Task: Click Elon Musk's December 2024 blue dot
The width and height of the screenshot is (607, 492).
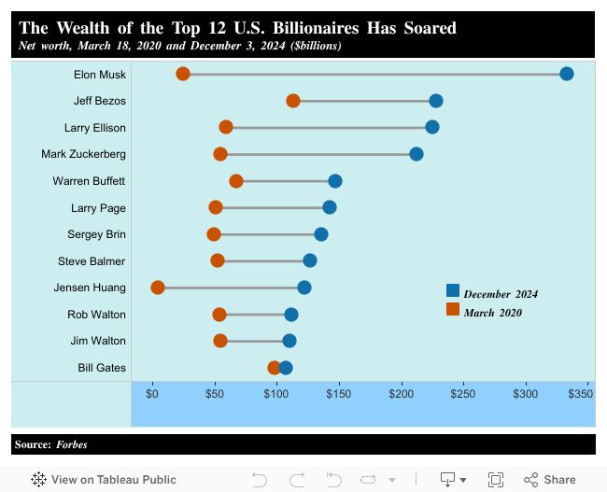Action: [x=566, y=74]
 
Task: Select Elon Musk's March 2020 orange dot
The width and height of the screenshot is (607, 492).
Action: [x=183, y=74]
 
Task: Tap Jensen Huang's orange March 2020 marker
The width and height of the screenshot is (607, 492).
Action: [x=158, y=288]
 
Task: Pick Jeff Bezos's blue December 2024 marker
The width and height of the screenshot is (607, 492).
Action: [x=435, y=101]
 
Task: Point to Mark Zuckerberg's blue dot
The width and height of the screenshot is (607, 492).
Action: [x=416, y=154]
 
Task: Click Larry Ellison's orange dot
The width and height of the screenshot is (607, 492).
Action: [x=226, y=127]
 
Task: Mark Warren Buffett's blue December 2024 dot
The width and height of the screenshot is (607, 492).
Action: [x=335, y=180]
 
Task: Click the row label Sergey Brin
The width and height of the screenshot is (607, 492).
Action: [x=96, y=234]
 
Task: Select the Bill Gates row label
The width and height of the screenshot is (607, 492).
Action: [x=102, y=368]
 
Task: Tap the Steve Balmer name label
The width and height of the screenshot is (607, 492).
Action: [x=92, y=261]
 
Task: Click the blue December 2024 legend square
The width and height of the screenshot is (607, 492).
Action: [x=453, y=290]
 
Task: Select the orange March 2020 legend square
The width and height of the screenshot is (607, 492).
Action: [x=453, y=309]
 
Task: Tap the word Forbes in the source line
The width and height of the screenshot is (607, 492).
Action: [x=72, y=444]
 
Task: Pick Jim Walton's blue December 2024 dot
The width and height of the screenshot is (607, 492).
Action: [x=289, y=341]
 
